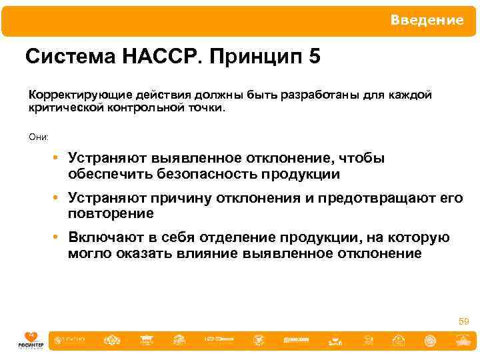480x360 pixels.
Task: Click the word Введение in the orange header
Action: click(427, 21)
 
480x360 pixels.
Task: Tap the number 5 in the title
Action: click(314, 57)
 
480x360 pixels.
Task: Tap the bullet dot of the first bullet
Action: click(59, 159)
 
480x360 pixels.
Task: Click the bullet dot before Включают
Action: click(59, 238)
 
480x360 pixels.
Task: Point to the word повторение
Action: click(111, 213)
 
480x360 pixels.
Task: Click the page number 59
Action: click(463, 322)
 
